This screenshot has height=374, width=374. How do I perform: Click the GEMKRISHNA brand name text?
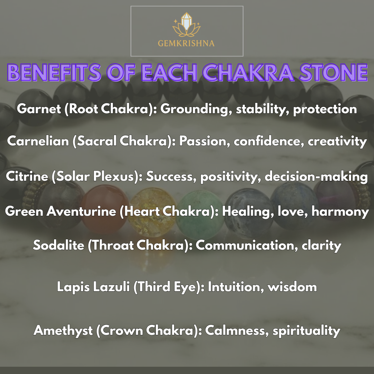click(x=187, y=43)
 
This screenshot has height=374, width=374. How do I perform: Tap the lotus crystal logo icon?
click(x=187, y=26)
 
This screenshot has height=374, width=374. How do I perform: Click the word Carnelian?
click(x=38, y=141)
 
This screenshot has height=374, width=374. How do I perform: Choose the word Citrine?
click(x=26, y=176)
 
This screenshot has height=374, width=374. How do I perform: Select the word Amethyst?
click(x=63, y=330)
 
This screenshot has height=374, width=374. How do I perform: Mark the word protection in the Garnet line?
click(x=325, y=109)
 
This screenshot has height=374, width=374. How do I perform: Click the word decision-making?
click(x=316, y=176)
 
